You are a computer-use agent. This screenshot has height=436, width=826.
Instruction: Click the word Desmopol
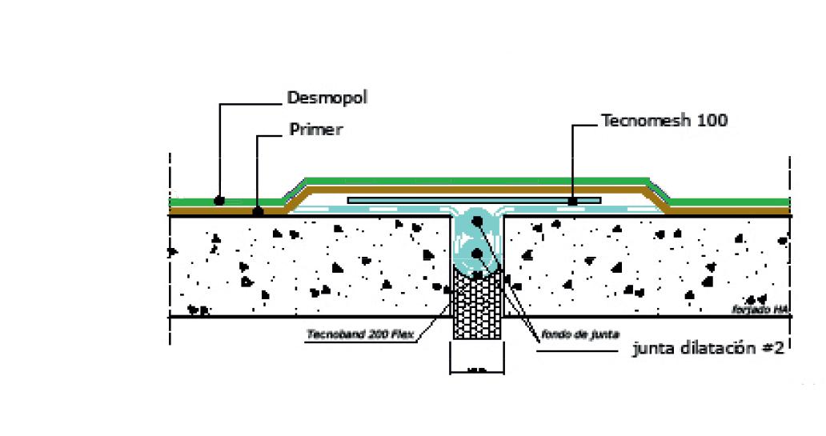point(327,98)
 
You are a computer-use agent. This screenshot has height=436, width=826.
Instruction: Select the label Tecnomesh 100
point(664,121)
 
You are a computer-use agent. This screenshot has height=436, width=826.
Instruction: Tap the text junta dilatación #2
point(707,349)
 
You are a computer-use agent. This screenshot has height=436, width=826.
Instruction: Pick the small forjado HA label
point(761,309)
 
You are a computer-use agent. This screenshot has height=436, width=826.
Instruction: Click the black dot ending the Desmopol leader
point(219,200)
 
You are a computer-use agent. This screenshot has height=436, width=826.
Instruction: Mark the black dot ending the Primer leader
point(258,212)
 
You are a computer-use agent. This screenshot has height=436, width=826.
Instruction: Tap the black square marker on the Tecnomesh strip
point(573,202)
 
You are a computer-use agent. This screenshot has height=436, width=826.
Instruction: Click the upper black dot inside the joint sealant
point(477,222)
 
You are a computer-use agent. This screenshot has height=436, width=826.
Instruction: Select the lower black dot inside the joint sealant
point(477,254)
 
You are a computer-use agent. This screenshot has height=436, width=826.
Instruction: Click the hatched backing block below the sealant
point(477,308)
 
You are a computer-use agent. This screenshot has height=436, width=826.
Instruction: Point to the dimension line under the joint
point(477,370)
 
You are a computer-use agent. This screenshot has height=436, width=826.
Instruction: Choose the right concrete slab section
point(648,264)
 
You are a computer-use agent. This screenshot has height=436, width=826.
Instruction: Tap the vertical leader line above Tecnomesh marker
point(573,160)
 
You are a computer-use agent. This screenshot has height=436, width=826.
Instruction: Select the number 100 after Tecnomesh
point(712,121)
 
